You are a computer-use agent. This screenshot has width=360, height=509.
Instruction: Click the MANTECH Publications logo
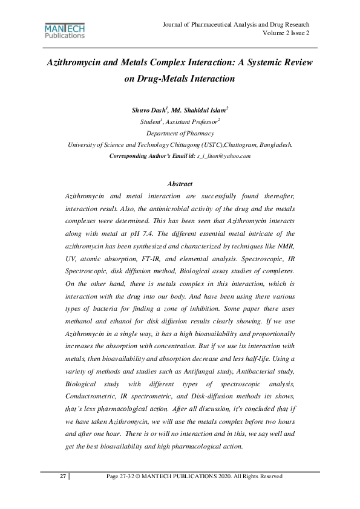click(65, 31)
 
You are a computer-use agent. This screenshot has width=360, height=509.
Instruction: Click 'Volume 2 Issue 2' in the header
click(286, 33)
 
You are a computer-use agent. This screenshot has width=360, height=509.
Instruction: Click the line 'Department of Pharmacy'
click(180, 133)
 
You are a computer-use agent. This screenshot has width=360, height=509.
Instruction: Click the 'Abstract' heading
click(180, 184)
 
